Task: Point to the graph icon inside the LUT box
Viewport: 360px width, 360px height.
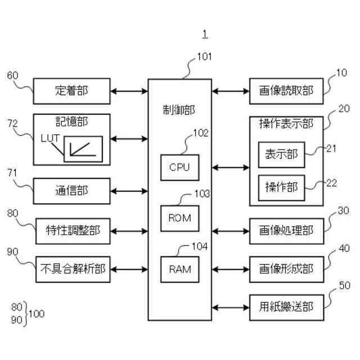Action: coord(83,150)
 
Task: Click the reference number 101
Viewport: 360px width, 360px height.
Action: coord(204,56)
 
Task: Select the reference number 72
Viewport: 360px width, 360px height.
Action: coord(12,124)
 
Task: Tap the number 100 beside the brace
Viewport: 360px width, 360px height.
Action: coord(37,314)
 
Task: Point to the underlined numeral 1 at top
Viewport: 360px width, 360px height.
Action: coord(205,34)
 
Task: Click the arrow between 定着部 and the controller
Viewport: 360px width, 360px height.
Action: coord(129,91)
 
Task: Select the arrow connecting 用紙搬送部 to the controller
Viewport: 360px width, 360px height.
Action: coord(231,308)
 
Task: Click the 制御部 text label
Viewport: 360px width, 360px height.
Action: coord(179,110)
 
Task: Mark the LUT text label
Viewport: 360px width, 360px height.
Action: coord(50,138)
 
